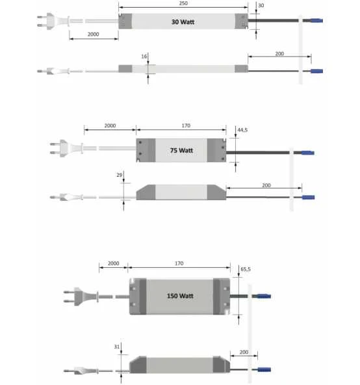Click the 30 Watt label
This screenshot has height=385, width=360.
tap(183, 22)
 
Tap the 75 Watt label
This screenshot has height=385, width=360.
tap(181, 150)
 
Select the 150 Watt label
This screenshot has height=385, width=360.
tap(180, 296)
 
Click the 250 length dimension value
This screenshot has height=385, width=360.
tap(183, 3)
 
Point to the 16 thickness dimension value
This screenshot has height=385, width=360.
tap(144, 57)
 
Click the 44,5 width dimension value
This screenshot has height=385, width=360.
tap(242, 130)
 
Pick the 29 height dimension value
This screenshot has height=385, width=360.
tap(120, 175)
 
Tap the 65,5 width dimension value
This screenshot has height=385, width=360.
tap(246, 269)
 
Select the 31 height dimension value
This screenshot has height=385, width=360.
tap(117, 347)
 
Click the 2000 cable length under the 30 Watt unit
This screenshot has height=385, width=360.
tap(94, 34)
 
